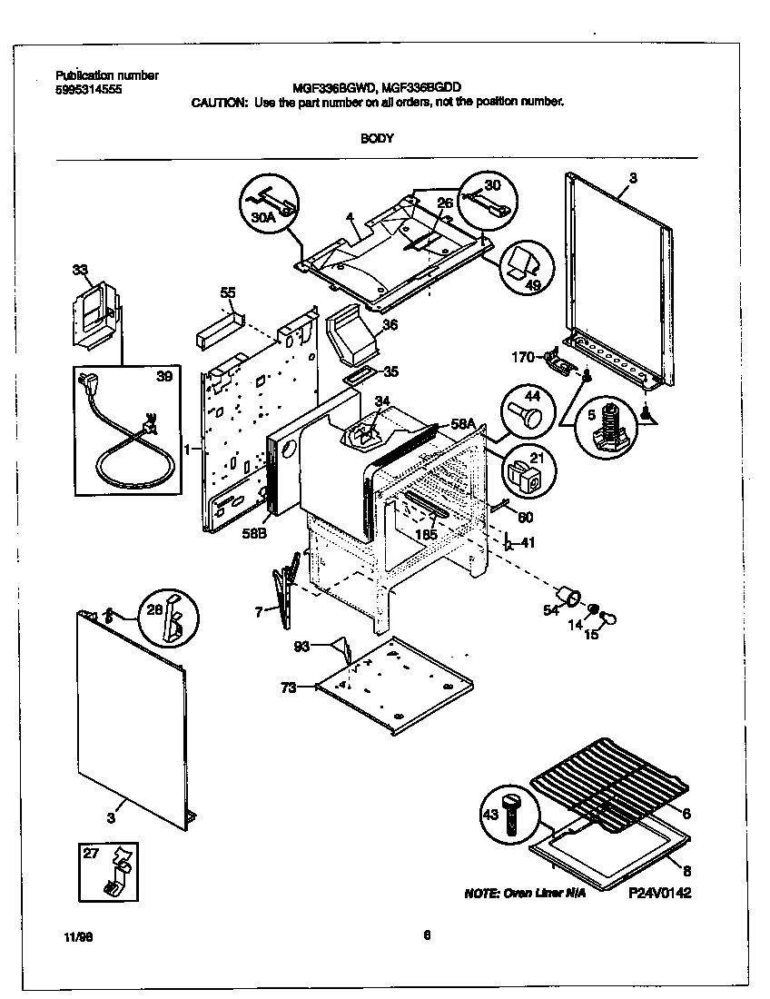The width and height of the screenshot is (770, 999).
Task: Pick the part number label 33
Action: tap(80, 270)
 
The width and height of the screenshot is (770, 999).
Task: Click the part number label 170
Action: tap(523, 357)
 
